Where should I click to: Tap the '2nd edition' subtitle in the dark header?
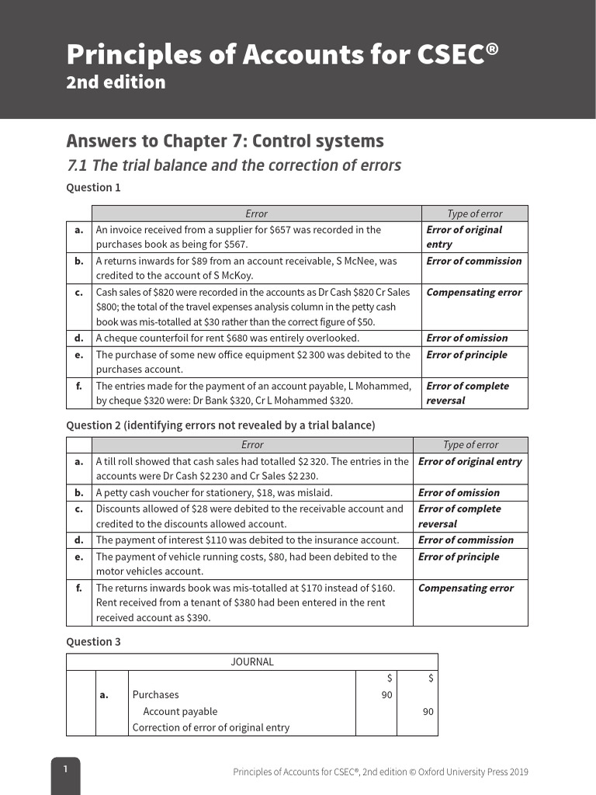pos(116,82)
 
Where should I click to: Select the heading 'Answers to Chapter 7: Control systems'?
pos(225,141)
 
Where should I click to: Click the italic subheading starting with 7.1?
pos(234,165)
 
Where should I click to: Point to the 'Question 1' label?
pos(93,187)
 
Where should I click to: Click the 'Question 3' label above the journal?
pos(93,641)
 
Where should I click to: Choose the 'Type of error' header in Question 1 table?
pos(474,214)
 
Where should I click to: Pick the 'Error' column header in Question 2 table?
pos(252,445)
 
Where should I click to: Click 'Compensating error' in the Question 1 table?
pos(473,293)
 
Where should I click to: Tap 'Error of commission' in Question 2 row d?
pos(466,540)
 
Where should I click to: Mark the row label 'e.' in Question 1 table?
pos(79,355)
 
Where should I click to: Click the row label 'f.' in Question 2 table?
pos(79,588)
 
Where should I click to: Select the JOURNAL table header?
pos(252,662)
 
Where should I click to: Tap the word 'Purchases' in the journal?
pos(155,695)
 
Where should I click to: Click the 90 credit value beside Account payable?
pos(428,711)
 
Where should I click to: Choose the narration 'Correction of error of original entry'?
pos(210,727)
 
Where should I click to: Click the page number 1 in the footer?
pos(66,769)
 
